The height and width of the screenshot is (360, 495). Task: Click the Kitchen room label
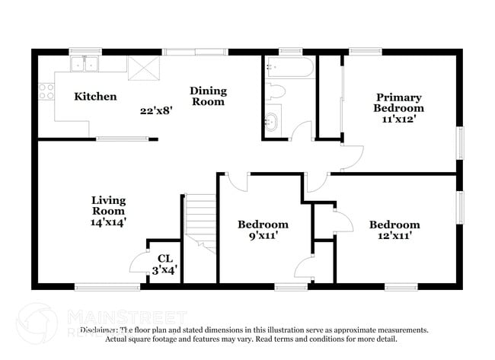tap(95, 97)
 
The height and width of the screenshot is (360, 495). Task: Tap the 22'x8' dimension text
tap(156, 110)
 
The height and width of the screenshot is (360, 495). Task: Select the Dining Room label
tap(208, 97)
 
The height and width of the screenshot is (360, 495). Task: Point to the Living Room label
tap(108, 205)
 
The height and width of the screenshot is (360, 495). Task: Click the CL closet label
tap(164, 259)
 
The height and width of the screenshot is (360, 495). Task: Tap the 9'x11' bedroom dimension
tap(263, 236)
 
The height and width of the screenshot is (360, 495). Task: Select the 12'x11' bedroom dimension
tap(394, 236)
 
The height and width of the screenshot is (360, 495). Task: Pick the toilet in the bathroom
tap(276, 93)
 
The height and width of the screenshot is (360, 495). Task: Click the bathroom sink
tap(272, 119)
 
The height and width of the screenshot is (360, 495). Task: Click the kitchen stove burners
tap(46, 92)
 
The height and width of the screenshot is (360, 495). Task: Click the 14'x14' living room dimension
tap(108, 222)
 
